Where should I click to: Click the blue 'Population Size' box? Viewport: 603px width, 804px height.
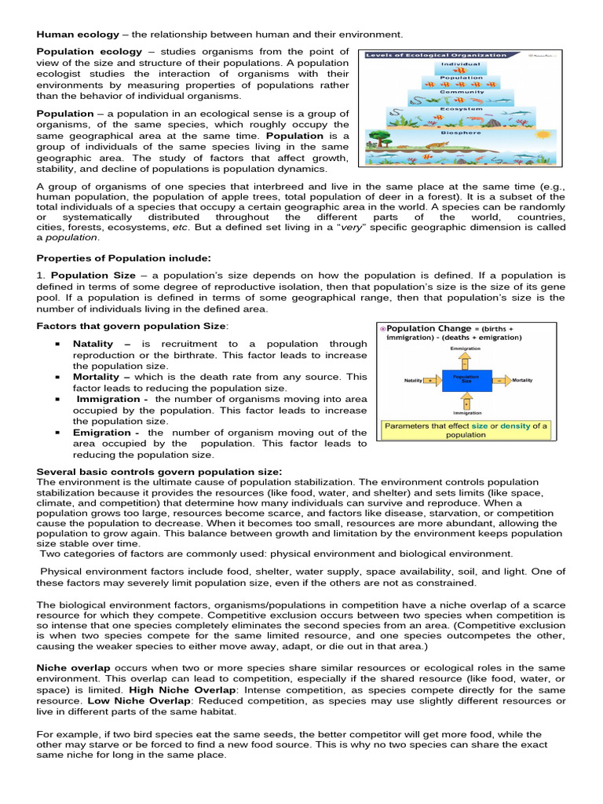(466, 379)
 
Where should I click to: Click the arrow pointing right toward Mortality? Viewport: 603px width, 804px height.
(500, 380)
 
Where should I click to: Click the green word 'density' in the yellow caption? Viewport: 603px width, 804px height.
(515, 426)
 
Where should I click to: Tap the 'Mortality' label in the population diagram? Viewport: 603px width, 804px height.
(523, 380)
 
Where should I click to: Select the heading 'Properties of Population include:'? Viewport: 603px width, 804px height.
(124, 258)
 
